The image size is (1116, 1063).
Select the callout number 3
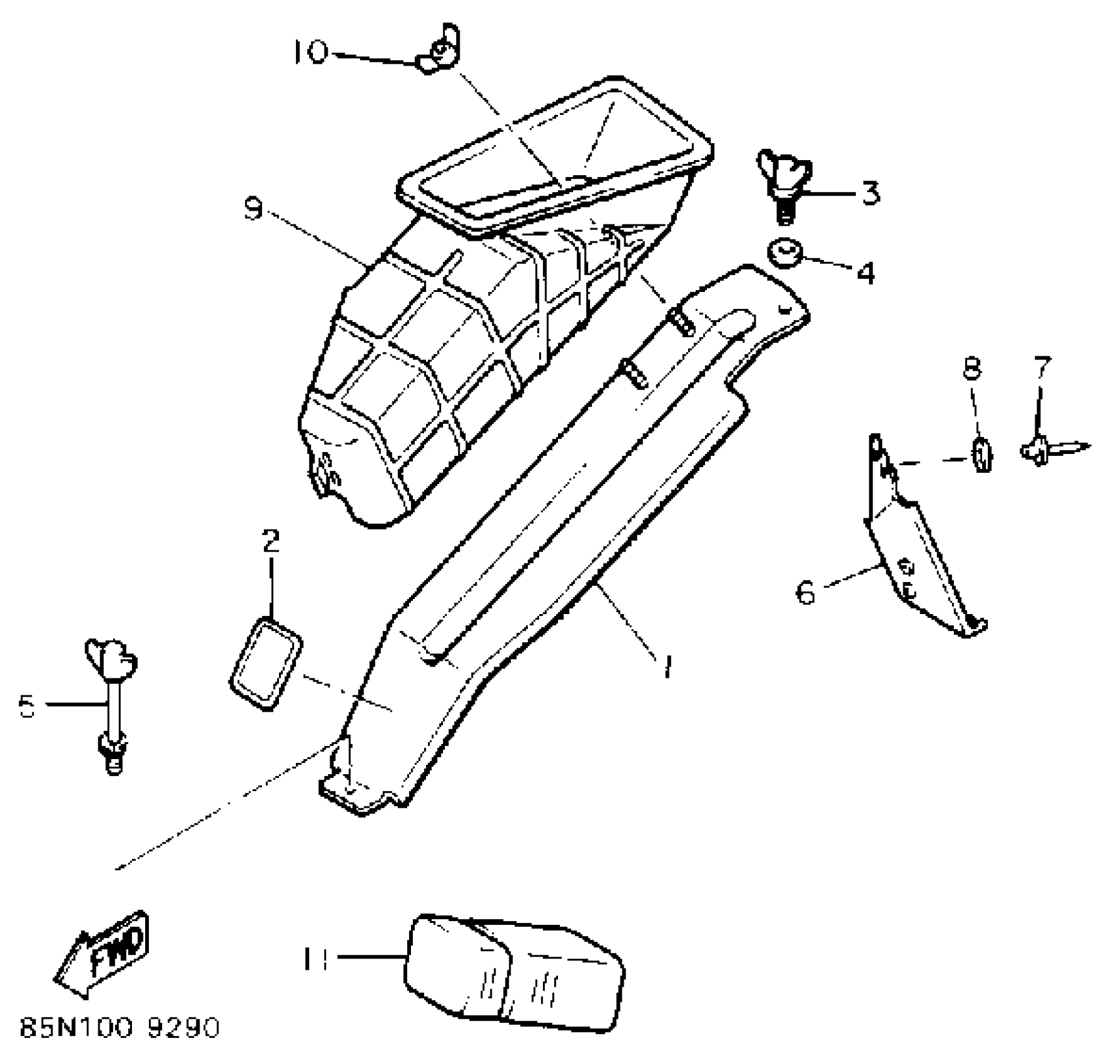(x=870, y=193)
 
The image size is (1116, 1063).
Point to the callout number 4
(x=865, y=273)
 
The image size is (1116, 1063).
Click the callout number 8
(x=971, y=368)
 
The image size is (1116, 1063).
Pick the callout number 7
(x=1042, y=368)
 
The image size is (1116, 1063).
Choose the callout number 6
(x=806, y=591)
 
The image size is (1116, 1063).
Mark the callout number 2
(x=270, y=542)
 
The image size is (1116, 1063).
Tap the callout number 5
(x=28, y=706)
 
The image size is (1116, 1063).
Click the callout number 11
(x=316, y=960)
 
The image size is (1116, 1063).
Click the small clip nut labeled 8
(x=982, y=453)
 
